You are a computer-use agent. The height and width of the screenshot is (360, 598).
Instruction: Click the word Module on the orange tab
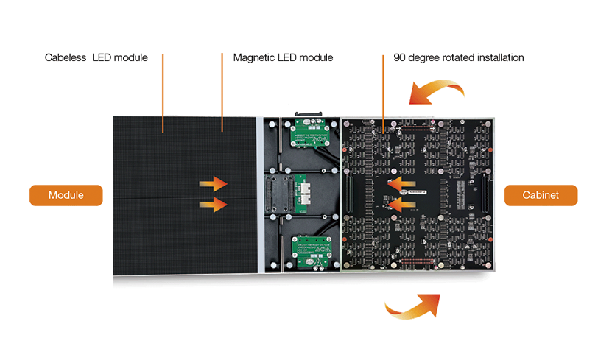66,195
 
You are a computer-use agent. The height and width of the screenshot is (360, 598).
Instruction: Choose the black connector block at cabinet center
280,192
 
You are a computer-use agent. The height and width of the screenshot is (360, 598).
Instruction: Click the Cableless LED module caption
96,57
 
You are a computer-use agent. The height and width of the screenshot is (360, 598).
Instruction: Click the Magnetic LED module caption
284,57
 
